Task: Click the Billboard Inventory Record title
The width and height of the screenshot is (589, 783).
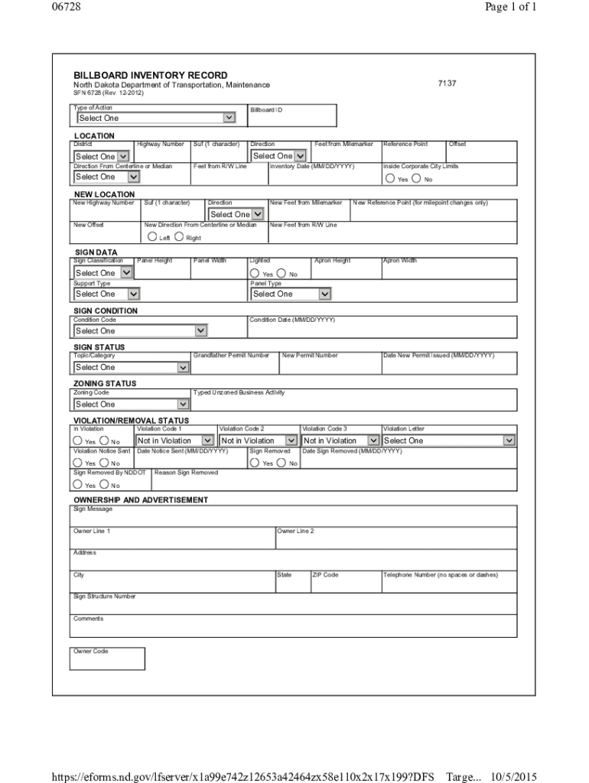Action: click(x=150, y=75)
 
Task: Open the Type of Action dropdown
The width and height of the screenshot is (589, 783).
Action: click(x=155, y=118)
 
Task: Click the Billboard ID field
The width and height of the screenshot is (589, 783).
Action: click(x=291, y=119)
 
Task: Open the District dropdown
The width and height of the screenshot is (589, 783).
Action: click(x=102, y=156)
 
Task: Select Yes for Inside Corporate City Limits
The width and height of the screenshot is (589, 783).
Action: click(x=391, y=179)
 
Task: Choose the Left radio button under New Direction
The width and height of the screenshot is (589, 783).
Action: click(x=153, y=237)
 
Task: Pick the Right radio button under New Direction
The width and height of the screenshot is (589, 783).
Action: click(x=179, y=237)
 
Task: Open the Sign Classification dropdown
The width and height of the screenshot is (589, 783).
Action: click(x=103, y=273)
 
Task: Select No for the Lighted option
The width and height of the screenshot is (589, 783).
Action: click(x=281, y=274)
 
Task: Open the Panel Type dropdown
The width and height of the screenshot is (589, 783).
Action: click(x=291, y=294)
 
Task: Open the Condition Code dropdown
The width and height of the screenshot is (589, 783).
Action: click(x=141, y=331)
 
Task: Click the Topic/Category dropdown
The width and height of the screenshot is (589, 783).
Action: click(x=132, y=368)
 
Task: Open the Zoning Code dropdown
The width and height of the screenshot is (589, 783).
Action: click(x=132, y=404)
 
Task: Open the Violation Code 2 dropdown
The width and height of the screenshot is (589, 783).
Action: click(x=259, y=441)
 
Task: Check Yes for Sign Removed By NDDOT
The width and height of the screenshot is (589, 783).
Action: click(x=78, y=485)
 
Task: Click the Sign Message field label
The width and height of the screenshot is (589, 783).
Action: click(x=93, y=509)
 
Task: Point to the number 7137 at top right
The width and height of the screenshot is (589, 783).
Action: click(x=447, y=83)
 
